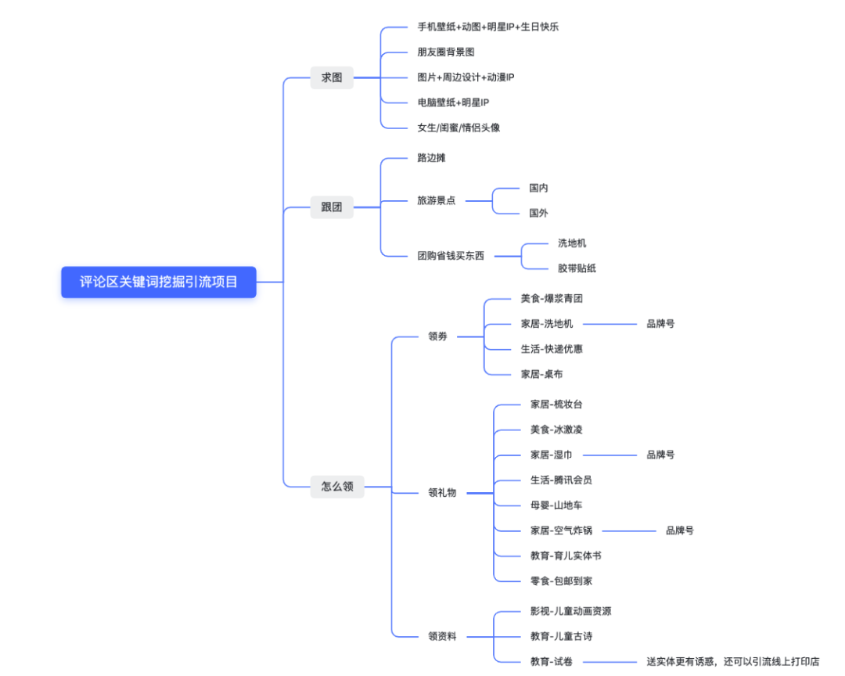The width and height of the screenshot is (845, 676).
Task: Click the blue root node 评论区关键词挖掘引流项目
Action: (x=159, y=282)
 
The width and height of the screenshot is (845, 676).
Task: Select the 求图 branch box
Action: (x=332, y=77)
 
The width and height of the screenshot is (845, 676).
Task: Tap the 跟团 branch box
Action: (x=332, y=208)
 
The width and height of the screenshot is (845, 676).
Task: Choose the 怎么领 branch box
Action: (x=337, y=486)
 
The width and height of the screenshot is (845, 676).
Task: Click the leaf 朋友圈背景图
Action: (x=446, y=52)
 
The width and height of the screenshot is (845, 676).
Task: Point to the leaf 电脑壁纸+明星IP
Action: (x=453, y=102)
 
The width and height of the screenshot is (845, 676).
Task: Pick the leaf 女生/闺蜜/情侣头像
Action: (x=458, y=128)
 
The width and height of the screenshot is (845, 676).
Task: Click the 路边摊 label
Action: (x=431, y=158)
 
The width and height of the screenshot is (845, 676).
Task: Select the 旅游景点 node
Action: (x=436, y=200)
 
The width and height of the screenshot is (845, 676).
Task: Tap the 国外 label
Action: (x=538, y=213)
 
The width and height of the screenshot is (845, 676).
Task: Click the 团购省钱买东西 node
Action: (x=451, y=256)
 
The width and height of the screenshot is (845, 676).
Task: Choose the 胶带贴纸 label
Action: (x=577, y=268)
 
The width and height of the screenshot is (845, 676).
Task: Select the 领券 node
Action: (x=437, y=336)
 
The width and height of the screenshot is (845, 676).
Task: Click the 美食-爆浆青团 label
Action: (x=552, y=299)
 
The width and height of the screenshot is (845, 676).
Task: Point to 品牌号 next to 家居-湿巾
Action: (x=660, y=455)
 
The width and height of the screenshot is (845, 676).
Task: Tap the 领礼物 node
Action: (x=442, y=493)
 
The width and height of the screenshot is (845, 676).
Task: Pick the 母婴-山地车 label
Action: (x=556, y=505)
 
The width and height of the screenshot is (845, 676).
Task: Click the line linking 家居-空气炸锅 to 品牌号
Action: (x=629, y=530)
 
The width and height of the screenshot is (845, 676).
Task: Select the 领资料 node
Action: (x=442, y=636)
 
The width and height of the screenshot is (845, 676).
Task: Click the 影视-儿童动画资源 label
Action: (x=571, y=611)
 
